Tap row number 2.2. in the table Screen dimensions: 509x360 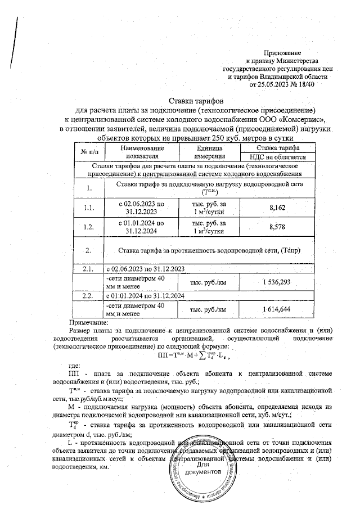click(88, 295)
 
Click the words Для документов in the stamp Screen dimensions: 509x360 click(207, 469)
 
